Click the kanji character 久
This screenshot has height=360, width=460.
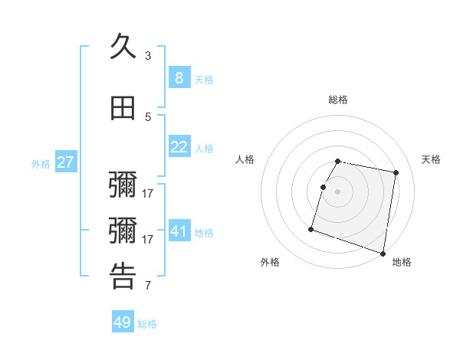pyautogui.click(x=123, y=47)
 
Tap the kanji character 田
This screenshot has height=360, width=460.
pyautogui.click(x=123, y=109)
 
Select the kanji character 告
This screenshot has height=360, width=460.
pyautogui.click(x=123, y=277)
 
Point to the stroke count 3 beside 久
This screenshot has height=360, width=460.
pyautogui.click(x=148, y=56)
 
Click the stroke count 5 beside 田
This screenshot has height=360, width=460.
pyautogui.click(x=148, y=117)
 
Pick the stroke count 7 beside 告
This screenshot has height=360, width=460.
pyautogui.click(x=148, y=286)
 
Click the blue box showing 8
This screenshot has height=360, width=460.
pyautogui.click(x=179, y=78)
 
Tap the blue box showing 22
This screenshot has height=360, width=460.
pyautogui.click(x=179, y=147)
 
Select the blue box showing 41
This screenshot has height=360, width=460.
pyautogui.click(x=179, y=231)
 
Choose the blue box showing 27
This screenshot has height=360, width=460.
pyautogui.click(x=65, y=162)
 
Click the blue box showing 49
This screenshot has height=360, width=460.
pyautogui.click(x=123, y=322)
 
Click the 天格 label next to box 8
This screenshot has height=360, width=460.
pyautogui.click(x=204, y=80)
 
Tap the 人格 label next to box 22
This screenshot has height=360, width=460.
pyautogui.click(x=204, y=149)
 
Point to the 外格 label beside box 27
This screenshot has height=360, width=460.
pyautogui.click(x=41, y=163)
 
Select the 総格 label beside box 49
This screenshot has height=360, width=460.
pyautogui.click(x=147, y=324)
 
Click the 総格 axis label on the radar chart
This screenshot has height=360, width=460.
pyautogui.click(x=338, y=100)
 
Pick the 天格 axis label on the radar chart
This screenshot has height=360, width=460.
pyautogui.click(x=431, y=159)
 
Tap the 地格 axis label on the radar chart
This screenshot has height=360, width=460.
pyautogui.click(x=402, y=262)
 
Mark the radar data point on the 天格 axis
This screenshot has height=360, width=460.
pyautogui.click(x=396, y=173)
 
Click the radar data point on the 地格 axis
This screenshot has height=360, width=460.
pyautogui.click(x=383, y=253)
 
